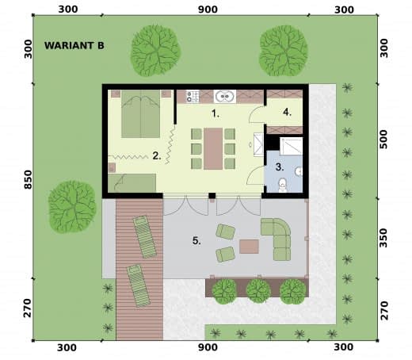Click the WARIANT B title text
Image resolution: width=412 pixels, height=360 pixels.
(x=74, y=45)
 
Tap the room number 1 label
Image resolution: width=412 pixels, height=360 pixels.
(x=216, y=113)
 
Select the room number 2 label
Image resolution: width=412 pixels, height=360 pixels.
(x=157, y=155)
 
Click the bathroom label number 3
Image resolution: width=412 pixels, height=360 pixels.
(x=280, y=167)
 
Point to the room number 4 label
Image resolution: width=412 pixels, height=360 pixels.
(x=288, y=112)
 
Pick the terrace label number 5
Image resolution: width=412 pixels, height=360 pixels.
(x=196, y=241)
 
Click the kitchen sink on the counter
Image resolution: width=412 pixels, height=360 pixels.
(x=225, y=97)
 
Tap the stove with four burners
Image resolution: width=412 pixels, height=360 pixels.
(x=193, y=96)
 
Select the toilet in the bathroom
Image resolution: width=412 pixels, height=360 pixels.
(x=283, y=185)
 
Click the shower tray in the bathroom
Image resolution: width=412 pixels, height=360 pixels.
(x=291, y=146)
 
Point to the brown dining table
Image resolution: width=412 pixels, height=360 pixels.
(x=213, y=149)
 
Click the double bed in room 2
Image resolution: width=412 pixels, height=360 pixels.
(x=141, y=114)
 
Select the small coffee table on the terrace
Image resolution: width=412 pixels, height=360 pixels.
(x=249, y=247)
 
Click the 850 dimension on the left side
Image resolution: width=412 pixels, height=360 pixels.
(x=28, y=179)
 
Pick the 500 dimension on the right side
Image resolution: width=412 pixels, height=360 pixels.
(x=383, y=140)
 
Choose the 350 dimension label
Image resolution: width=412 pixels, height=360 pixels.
(x=383, y=238)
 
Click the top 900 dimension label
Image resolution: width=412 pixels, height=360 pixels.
(x=208, y=10)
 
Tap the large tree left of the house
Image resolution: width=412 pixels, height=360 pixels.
(x=72, y=207)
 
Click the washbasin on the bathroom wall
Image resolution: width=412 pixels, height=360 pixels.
(x=299, y=171)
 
